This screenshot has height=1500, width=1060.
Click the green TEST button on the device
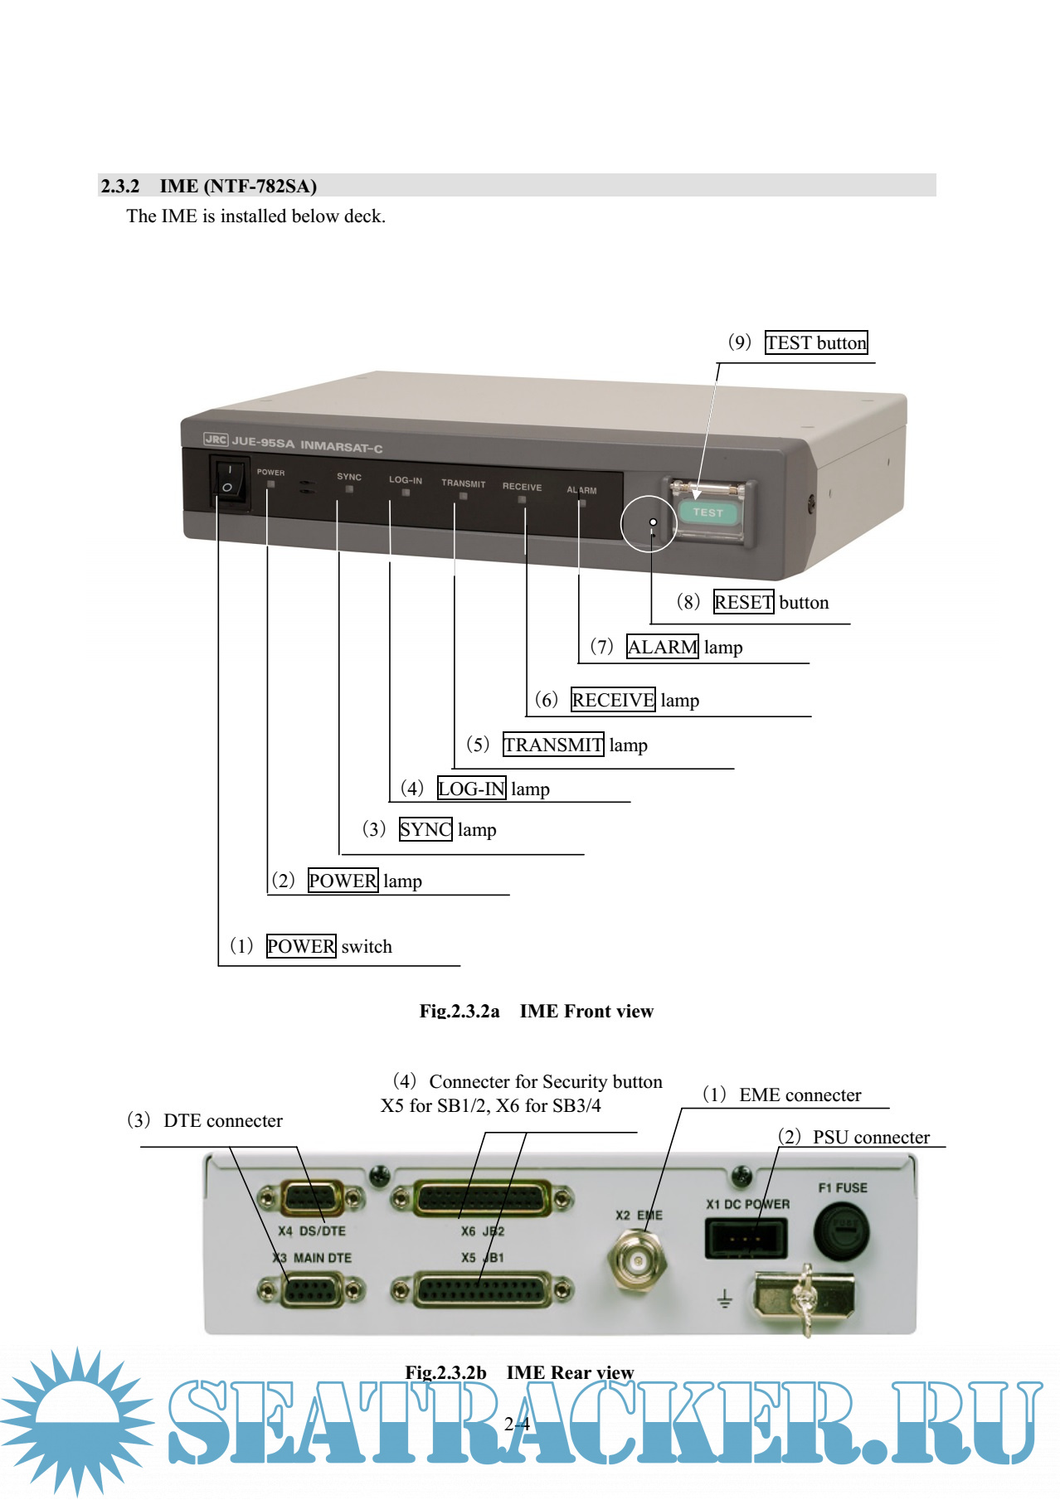pos(707,512)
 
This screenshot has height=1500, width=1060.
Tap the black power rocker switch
pos(228,480)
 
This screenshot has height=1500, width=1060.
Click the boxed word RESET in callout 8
pos(743,602)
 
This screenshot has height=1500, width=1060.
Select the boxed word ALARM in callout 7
pos(662,647)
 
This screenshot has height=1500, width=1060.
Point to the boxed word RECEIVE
pos(613,700)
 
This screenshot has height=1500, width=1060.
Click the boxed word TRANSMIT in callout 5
pos(553,745)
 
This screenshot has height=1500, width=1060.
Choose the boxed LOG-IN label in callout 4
pos(471,789)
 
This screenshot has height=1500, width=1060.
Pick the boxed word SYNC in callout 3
pos(425,829)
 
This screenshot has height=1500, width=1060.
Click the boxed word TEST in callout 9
pos(789,342)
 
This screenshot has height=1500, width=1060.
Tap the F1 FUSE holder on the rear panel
pos(842,1230)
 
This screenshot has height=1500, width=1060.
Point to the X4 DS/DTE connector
pos(311,1198)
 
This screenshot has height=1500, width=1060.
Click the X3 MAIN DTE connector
pos(311,1291)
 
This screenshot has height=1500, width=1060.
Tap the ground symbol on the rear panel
pos(724,1299)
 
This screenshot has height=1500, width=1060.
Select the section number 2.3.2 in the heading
pos(120,186)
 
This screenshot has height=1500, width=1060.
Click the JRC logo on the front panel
pos(216,439)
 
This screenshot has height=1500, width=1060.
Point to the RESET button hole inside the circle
pos(653,522)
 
